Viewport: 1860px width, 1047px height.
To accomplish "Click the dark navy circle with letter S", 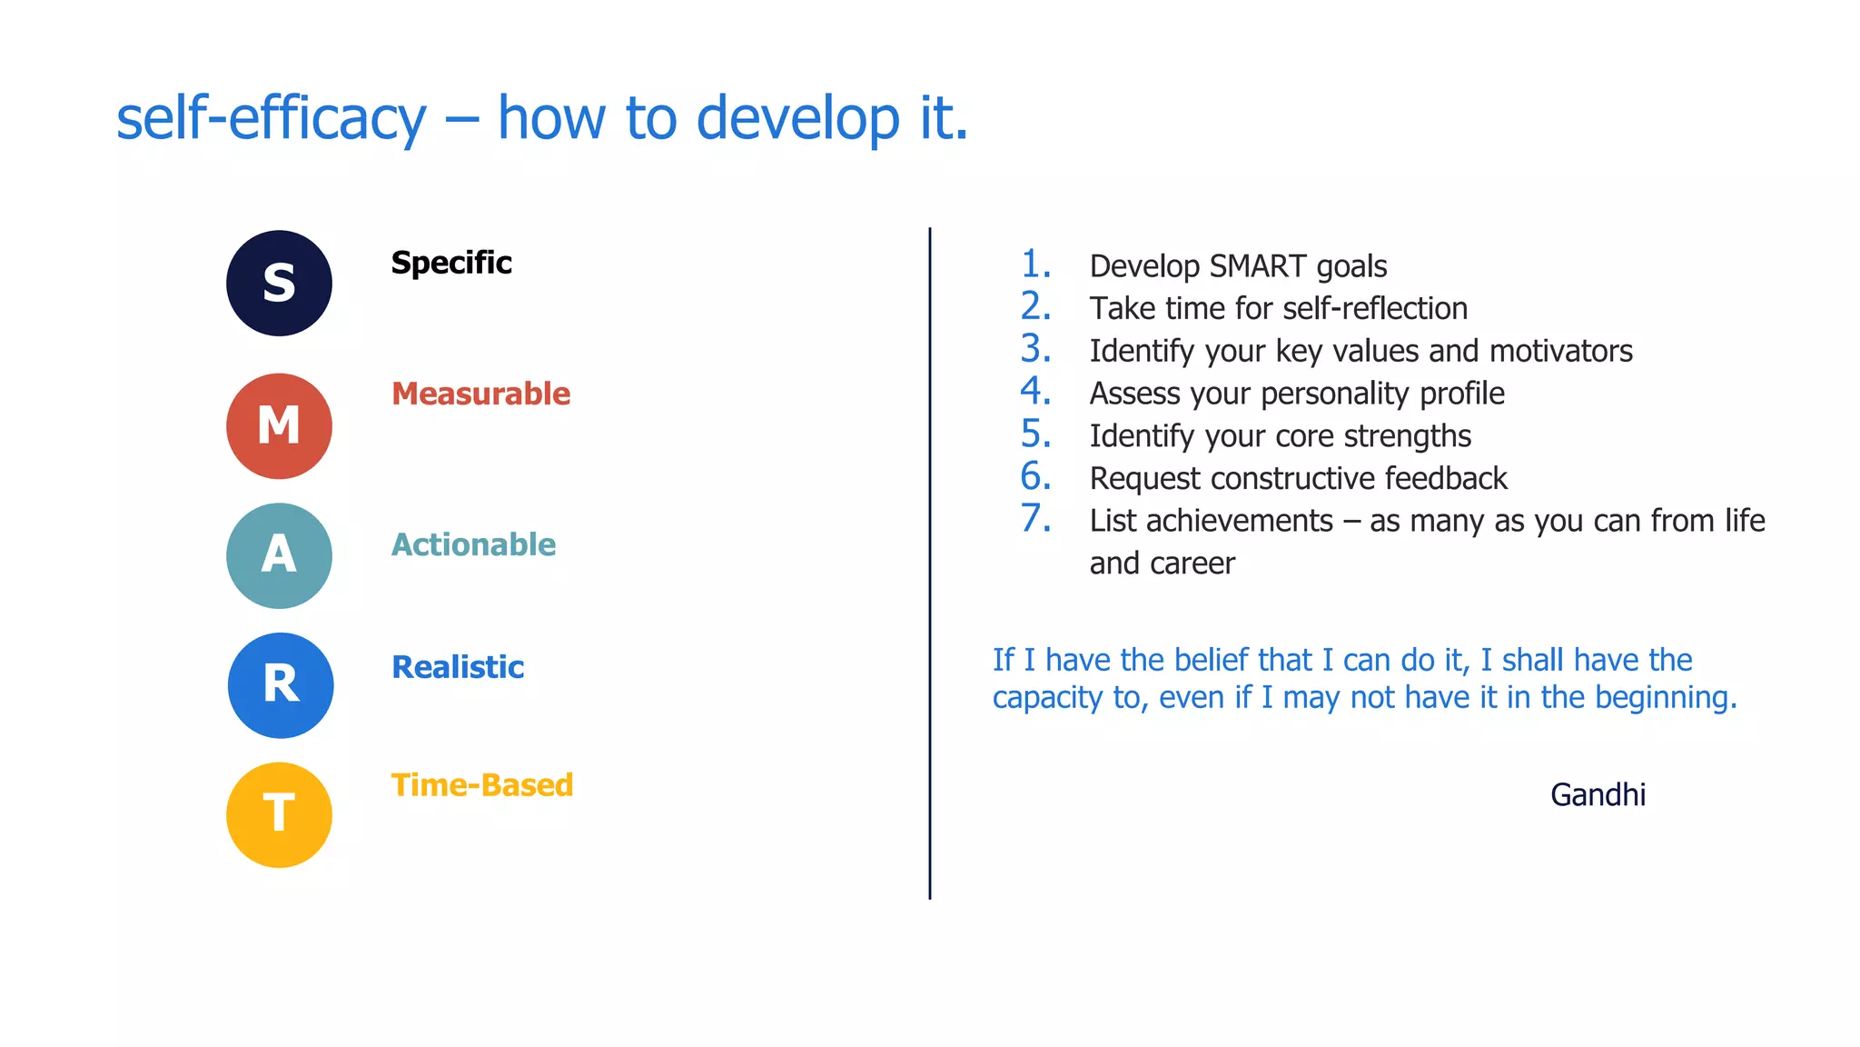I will tap(279, 283).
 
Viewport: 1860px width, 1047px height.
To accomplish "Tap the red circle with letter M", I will tap(279, 425).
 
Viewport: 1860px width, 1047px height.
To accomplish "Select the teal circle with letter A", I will tap(279, 555).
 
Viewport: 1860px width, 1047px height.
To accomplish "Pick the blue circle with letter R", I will tap(280, 685).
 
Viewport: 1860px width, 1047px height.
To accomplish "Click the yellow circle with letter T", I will tap(279, 814).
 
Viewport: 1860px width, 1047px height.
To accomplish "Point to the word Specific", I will tap(451, 263).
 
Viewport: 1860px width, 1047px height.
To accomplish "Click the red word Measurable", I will tap(480, 394).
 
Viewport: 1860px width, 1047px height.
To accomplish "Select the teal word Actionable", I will tap(473, 544).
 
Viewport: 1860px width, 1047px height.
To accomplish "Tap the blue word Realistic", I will tap(458, 667).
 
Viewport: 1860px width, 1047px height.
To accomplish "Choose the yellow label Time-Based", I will tap(482, 785).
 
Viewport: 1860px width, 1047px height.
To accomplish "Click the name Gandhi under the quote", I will tap(1598, 795).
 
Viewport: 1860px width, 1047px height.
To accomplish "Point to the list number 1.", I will tap(1035, 264).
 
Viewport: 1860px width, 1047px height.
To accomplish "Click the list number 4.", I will tap(1035, 392).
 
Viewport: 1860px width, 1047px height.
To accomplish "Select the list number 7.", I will tap(1035, 519).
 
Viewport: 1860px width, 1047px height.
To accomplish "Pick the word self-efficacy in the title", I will tap(271, 119).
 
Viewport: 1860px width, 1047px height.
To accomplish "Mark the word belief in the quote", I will tap(1266, 660).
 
